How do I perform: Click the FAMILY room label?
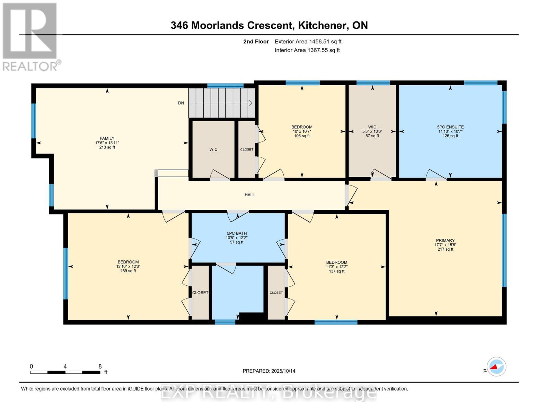point(107,138)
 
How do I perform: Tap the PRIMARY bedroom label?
point(445,240)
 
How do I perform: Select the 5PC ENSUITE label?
point(450,127)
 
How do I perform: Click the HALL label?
point(249,195)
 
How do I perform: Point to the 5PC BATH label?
point(237,233)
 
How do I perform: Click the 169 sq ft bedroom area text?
point(128,271)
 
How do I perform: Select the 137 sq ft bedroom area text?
point(336,271)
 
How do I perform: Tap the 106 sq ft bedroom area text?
point(302,136)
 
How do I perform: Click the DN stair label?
point(181,103)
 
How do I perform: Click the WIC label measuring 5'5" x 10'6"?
point(372,127)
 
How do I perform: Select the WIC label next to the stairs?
point(213,149)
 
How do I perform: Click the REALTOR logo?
point(30,36)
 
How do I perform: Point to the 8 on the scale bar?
point(100,366)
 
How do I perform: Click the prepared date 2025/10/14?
point(269,371)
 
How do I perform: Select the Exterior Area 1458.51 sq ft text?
point(308,42)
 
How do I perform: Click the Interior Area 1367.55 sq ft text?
point(307,50)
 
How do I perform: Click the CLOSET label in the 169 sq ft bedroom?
point(200,293)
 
